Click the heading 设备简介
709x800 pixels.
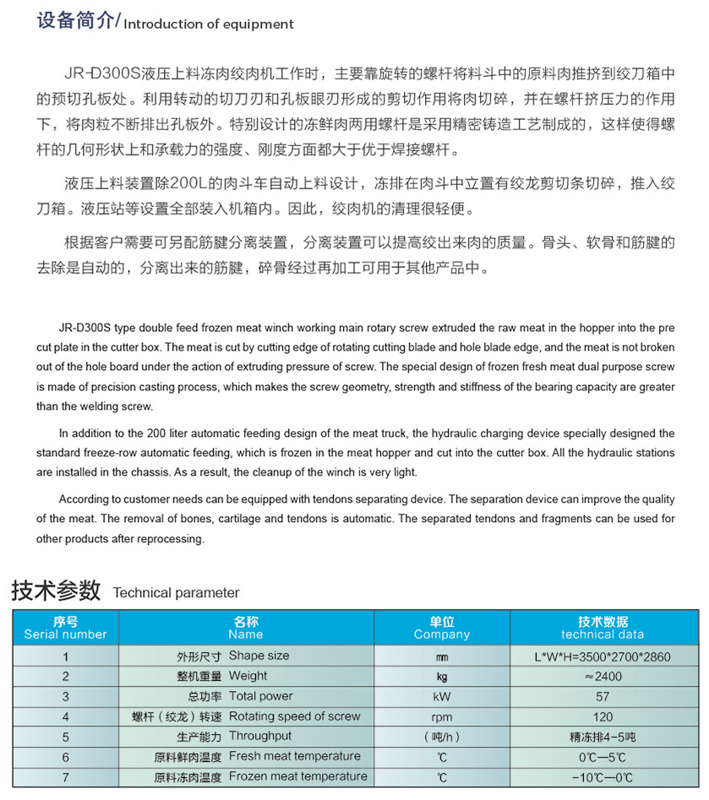click(74, 21)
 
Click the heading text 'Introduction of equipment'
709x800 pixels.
click(209, 24)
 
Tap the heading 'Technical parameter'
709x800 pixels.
click(176, 592)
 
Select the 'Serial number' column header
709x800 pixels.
click(65, 629)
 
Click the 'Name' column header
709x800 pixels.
click(246, 629)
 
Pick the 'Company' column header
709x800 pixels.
click(441, 629)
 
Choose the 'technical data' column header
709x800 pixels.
click(602, 629)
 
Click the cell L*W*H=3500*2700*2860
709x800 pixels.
click(602, 656)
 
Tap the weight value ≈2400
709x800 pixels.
click(602, 676)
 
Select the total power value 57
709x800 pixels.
click(602, 696)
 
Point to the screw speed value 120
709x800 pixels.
click(602, 716)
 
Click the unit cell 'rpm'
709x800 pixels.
click(441, 716)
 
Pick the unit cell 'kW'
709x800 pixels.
click(441, 696)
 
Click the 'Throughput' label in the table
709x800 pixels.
click(260, 736)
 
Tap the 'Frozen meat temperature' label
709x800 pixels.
click(297, 776)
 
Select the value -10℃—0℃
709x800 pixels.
click(602, 776)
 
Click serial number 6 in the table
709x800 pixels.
click(65, 756)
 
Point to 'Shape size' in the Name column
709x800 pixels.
click(259, 656)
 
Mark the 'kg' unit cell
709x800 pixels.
click(441, 676)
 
